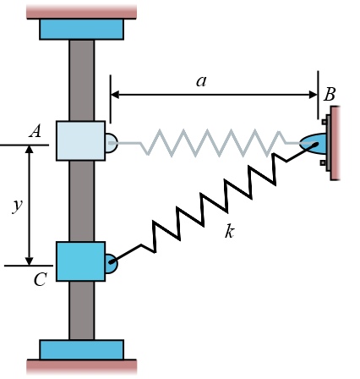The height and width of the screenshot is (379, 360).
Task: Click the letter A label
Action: pyautogui.click(x=35, y=131)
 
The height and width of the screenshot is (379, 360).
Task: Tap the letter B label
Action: pyautogui.click(x=330, y=94)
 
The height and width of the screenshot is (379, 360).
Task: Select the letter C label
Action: pyautogui.click(x=40, y=280)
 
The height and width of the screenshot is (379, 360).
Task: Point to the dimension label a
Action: pyautogui.click(x=201, y=81)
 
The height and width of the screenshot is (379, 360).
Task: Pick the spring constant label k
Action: pyautogui.click(x=229, y=232)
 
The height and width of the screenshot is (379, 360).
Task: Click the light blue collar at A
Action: pyautogui.click(x=80, y=140)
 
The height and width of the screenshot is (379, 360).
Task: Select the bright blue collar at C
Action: pyautogui.click(x=80, y=261)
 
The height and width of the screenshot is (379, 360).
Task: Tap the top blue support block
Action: pyautogui.click(x=81, y=30)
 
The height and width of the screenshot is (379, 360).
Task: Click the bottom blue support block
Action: pyautogui.click(x=81, y=349)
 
